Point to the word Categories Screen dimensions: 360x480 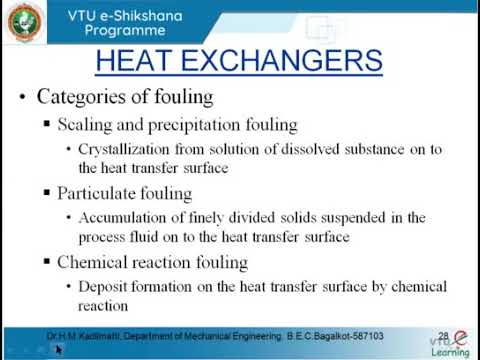click(79, 97)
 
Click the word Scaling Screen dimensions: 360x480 click(85, 125)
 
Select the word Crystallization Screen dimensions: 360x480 click(121, 149)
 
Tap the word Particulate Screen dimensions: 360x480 click(99, 193)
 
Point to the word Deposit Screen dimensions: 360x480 click(103, 286)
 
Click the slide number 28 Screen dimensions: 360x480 click(444, 336)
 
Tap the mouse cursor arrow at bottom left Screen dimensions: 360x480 click(59, 349)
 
